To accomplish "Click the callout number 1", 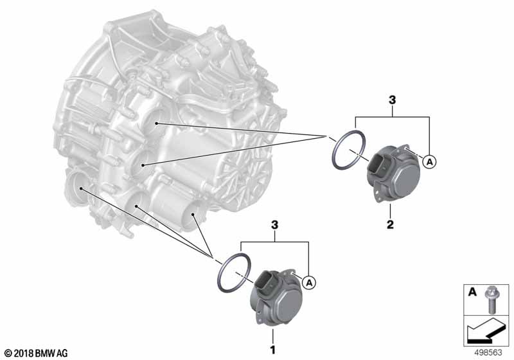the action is pyautogui.click(x=272, y=350).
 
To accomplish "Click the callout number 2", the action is pyautogui.click(x=390, y=224).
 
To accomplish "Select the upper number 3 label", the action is pyautogui.click(x=393, y=100).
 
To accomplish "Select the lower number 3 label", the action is pyautogui.click(x=275, y=225).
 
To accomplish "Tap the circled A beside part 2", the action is pyautogui.click(x=429, y=161).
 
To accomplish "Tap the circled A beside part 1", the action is pyautogui.click(x=309, y=282).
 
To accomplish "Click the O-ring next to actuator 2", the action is pyautogui.click(x=348, y=150).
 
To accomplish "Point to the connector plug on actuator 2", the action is pyautogui.click(x=378, y=166).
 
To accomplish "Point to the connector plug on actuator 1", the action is pyautogui.click(x=265, y=283).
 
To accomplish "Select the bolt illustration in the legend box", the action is pyautogui.click(x=490, y=299).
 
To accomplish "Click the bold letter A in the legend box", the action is pyautogui.click(x=472, y=291).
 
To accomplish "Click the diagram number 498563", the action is pyautogui.click(x=488, y=352).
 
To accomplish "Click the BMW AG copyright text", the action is pyautogui.click(x=37, y=353).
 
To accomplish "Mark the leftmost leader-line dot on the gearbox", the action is pyautogui.click(x=81, y=188).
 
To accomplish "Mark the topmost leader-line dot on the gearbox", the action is pyautogui.click(x=157, y=123).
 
